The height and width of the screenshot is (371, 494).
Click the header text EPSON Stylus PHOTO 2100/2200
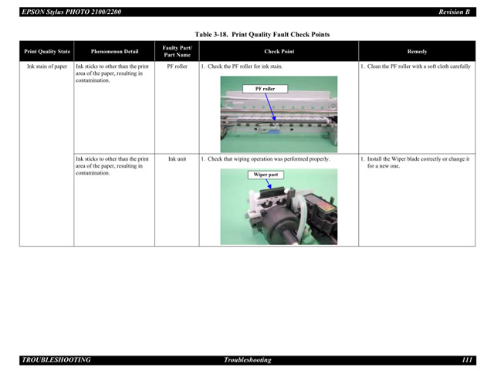coord(71,12)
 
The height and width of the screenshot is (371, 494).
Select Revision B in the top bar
coord(454,12)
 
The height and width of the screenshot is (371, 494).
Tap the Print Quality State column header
coord(47,52)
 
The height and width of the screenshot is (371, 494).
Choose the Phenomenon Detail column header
coord(114,52)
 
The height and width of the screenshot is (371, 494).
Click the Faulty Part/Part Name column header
coord(177,52)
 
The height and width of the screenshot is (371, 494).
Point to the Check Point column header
coord(279,52)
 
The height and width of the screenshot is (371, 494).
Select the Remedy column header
coord(417,52)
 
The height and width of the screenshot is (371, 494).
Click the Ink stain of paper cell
coord(47,66)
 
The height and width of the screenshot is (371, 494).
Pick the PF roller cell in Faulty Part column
coord(177,66)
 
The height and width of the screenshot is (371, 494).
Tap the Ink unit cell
coord(177,159)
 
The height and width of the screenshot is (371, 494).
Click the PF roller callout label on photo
coord(265,89)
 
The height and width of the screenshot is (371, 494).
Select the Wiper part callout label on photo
coord(266,175)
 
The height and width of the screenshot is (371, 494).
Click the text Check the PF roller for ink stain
coord(244,66)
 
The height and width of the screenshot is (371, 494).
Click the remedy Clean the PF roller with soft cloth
coord(418,66)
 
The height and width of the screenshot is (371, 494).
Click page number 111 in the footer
coord(467,360)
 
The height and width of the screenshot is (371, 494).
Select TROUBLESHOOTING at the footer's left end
coord(56,360)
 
